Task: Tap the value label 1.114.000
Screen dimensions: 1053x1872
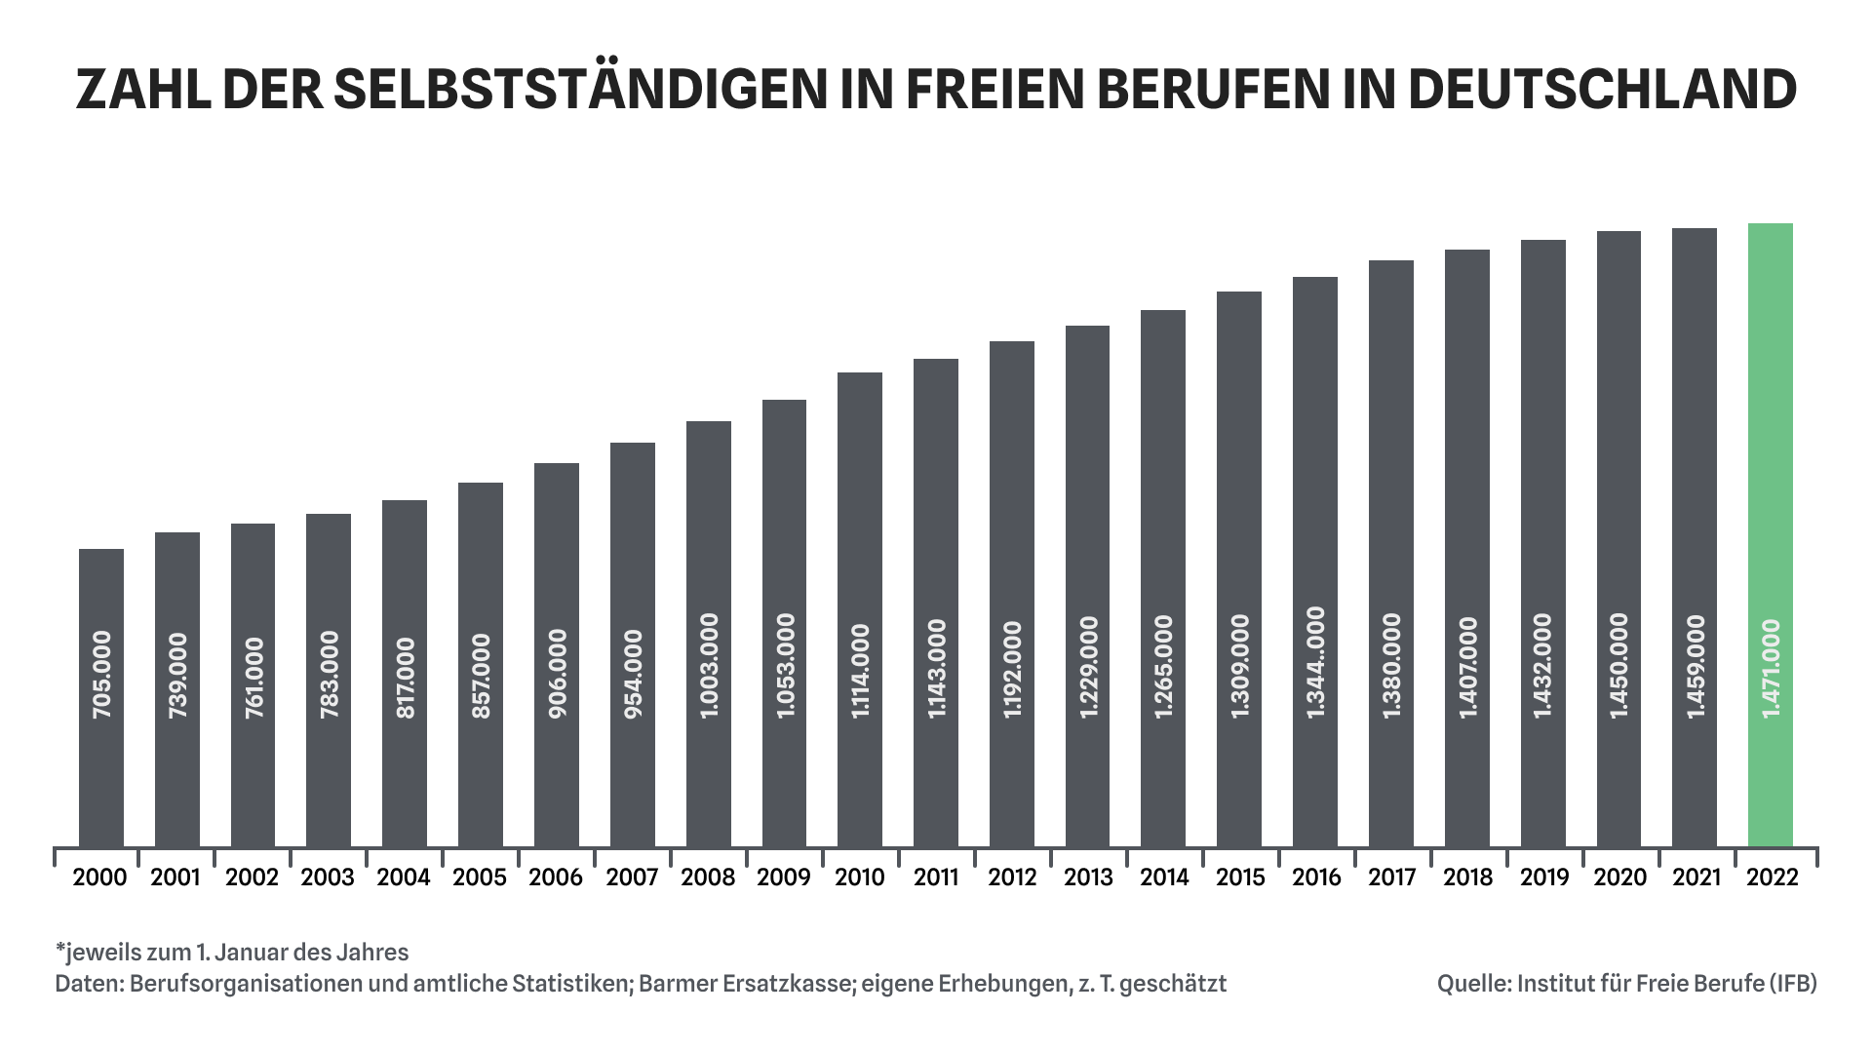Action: (x=860, y=673)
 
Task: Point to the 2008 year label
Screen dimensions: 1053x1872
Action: (x=708, y=877)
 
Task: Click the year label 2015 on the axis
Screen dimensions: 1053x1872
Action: (x=1240, y=877)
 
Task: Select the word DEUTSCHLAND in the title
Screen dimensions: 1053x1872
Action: (x=1601, y=90)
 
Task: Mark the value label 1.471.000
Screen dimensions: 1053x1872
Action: (x=1771, y=670)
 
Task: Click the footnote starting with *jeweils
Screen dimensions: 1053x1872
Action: (x=232, y=953)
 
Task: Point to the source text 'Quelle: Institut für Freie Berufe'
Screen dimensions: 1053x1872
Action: (x=1626, y=984)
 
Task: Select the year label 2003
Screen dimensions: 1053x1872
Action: (x=328, y=877)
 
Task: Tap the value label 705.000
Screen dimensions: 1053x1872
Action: (x=101, y=676)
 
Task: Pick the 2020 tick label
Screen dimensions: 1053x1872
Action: (x=1619, y=877)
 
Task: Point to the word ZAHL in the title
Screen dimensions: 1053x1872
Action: (x=143, y=90)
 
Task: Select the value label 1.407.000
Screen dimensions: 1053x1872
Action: (x=1467, y=669)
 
